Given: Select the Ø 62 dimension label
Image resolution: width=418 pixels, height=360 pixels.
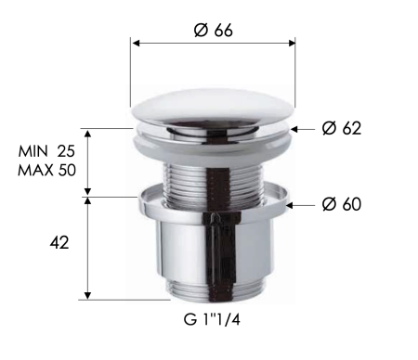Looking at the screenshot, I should click(x=341, y=128).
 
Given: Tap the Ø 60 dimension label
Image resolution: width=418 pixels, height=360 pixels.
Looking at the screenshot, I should click(x=341, y=203).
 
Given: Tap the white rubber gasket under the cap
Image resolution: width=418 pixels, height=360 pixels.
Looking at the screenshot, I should click(x=213, y=138).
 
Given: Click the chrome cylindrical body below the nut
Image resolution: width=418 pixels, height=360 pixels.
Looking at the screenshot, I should click(x=213, y=246).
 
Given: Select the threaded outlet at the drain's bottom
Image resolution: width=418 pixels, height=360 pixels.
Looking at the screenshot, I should click(x=213, y=289).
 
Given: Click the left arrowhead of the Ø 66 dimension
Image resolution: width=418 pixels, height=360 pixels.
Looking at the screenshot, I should click(x=135, y=44).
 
